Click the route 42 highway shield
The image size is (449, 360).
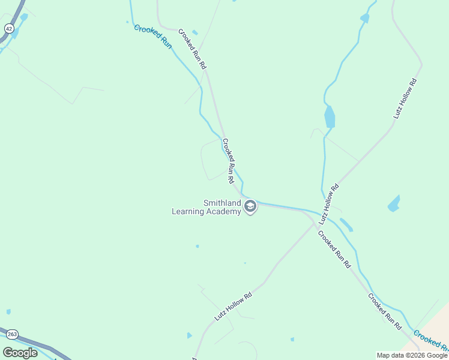(8, 28)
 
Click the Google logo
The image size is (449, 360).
(20, 353)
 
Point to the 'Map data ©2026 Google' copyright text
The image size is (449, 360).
(412, 355)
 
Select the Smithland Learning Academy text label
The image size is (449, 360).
(206, 208)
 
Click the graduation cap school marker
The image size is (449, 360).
(250, 207)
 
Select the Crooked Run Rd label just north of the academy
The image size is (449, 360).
(228, 161)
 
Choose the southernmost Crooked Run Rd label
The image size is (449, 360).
(385, 311)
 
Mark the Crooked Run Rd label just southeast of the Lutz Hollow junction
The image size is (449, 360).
(334, 249)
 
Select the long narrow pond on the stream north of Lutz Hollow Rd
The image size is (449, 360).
(330, 116)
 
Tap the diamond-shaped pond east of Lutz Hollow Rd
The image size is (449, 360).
(394, 203)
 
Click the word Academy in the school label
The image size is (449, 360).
(223, 211)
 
